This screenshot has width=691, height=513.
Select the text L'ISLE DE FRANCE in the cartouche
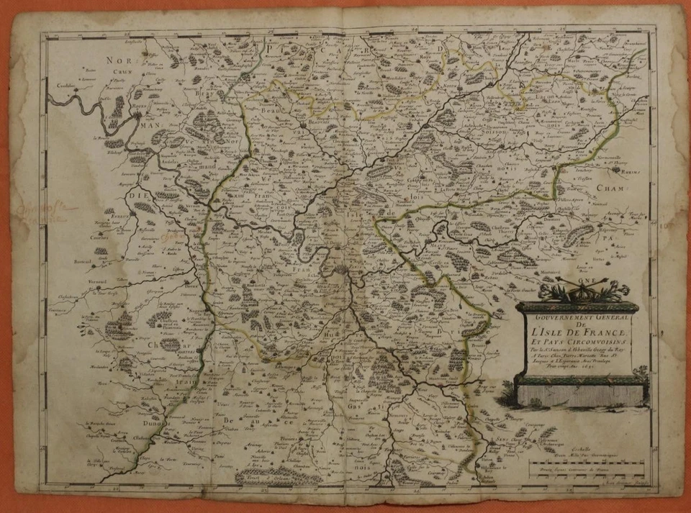(x=577, y=333)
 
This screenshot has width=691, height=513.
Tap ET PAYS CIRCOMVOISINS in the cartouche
(x=576, y=343)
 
